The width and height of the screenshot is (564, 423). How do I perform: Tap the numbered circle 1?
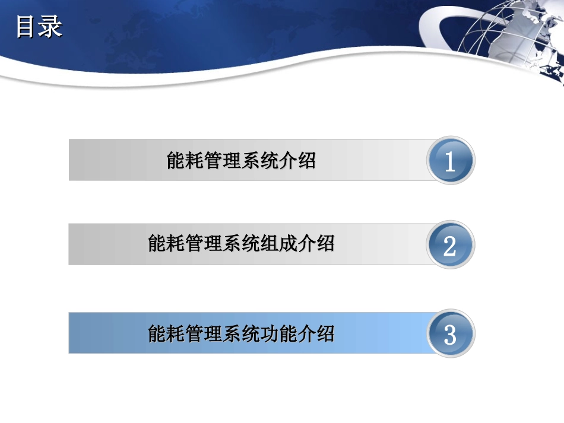click(450, 160)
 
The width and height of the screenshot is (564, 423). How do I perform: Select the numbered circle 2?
click(450, 244)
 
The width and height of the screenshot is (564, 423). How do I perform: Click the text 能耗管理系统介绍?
click(241, 160)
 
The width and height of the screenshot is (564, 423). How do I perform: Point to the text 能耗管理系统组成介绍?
click(241, 244)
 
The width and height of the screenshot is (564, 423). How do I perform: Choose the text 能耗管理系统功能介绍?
click(241, 333)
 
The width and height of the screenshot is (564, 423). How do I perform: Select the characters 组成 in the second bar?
click(278, 244)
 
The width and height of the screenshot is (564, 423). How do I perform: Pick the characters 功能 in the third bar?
click(278, 333)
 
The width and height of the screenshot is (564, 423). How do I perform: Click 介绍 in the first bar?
click(297, 160)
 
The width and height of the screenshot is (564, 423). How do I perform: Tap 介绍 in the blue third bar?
click(316, 333)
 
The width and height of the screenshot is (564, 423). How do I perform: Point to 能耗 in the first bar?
click(185, 160)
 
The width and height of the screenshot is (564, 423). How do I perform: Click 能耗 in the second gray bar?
click(166, 244)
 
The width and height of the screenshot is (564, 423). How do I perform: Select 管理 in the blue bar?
click(204, 333)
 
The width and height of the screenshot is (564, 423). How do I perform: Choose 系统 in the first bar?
click(260, 160)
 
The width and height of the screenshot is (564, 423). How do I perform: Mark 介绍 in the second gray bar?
click(316, 244)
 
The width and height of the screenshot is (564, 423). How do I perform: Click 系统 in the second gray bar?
click(241, 244)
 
